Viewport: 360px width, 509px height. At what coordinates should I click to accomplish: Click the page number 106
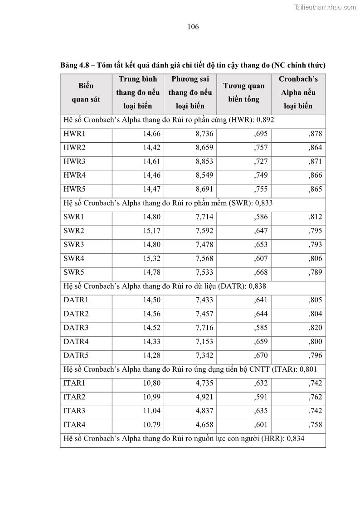193,27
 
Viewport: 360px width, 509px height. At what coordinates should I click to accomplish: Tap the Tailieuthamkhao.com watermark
325,7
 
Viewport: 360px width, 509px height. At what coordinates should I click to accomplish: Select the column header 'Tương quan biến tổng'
243,92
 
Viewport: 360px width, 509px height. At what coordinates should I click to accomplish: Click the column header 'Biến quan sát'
86,92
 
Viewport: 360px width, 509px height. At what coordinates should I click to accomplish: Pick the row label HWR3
74,161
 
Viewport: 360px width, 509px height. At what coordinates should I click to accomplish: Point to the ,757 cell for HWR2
261,147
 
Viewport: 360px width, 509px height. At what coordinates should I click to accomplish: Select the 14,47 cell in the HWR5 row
152,189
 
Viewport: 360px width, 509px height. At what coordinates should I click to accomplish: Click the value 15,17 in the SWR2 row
152,231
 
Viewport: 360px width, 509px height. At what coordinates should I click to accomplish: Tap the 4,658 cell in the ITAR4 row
204,425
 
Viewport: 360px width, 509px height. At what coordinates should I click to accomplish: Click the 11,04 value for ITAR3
152,411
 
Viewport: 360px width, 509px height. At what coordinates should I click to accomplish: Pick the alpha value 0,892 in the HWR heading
264,120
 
